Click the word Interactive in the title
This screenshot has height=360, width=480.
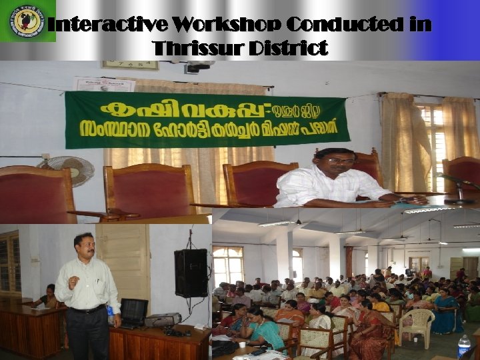(107, 25)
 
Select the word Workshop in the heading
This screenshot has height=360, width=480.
(225, 25)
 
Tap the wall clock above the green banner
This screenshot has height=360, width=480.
(130, 65)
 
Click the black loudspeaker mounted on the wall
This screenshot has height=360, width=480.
(191, 273)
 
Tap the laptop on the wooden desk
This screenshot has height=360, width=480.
(133, 311)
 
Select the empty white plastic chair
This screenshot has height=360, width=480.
(418, 324)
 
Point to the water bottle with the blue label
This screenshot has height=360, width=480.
(464, 345)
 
